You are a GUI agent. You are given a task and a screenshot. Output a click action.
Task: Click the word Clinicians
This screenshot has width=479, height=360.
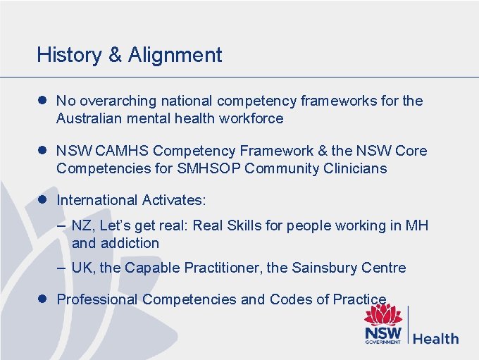tap(356, 168)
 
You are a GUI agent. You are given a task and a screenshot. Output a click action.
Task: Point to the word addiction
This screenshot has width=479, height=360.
tap(130, 243)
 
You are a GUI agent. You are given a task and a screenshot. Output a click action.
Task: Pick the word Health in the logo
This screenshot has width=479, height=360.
tap(435, 338)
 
